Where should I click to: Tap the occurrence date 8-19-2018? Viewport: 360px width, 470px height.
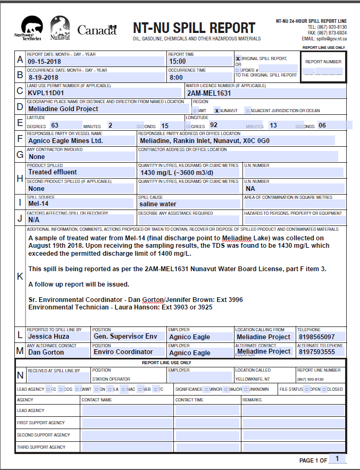point(45,77)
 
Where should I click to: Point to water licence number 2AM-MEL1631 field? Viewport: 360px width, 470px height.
point(208,93)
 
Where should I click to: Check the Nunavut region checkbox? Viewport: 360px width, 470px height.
point(217,111)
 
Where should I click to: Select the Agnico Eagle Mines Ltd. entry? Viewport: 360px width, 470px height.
point(65,141)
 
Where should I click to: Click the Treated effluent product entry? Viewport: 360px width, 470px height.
point(53,172)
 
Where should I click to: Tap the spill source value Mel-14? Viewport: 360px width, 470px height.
point(38,204)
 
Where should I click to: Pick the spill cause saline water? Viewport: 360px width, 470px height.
point(158,204)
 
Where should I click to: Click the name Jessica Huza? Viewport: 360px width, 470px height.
point(48,337)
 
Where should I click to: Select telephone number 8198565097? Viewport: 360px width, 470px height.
point(317,337)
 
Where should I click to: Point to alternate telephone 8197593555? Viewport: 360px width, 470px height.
point(317,352)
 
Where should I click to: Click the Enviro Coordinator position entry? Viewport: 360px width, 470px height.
point(123,352)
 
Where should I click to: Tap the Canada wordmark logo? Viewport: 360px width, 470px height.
point(97,30)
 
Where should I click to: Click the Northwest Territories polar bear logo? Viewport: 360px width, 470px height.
point(31,28)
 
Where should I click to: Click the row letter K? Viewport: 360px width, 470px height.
point(20,276)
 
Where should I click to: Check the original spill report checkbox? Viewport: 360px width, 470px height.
point(238,58)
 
